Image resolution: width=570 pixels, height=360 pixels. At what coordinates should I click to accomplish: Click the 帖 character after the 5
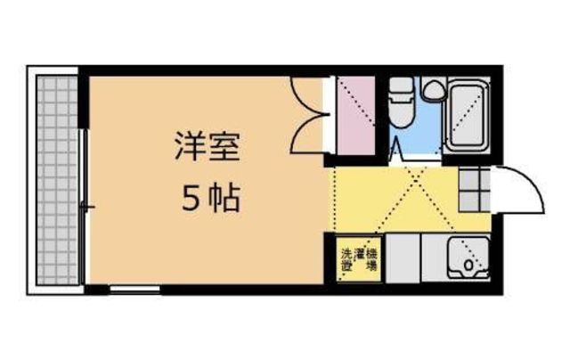(224, 198)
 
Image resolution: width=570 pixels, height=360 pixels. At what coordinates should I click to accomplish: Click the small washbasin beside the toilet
(434, 89)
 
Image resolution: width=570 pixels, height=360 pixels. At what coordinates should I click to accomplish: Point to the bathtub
(468, 117)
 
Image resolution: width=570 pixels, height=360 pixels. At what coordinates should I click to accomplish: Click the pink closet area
(355, 117)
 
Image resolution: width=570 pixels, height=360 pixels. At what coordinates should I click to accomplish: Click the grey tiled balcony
(56, 178)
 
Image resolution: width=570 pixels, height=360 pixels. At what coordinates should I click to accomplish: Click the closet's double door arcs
(307, 116)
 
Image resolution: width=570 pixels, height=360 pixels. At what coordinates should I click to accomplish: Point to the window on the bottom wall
(134, 288)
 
